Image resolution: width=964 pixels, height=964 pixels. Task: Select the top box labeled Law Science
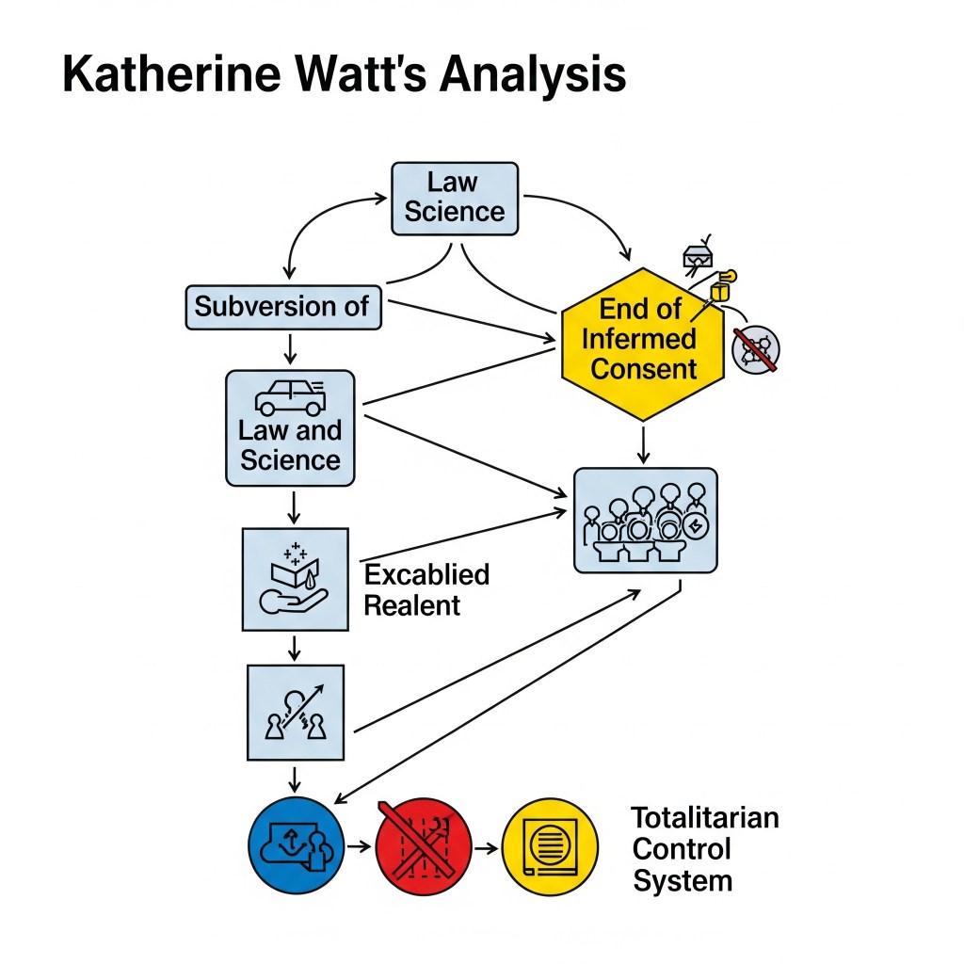coord(454,198)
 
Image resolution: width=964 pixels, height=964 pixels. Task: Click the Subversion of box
coord(283,307)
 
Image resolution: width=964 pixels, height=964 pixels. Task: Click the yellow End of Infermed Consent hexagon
coord(642,344)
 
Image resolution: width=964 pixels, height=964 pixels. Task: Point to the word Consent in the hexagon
coord(644,368)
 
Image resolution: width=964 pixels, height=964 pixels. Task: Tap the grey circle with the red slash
coord(755,351)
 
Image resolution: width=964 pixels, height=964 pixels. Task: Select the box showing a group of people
coord(645,520)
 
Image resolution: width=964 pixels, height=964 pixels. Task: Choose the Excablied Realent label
coord(426,589)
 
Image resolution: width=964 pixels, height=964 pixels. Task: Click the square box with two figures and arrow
coord(295,712)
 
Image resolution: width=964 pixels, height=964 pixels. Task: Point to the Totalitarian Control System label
coord(704,848)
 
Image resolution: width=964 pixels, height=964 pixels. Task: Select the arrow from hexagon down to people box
coord(643,443)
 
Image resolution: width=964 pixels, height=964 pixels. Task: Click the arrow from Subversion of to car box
coord(290,350)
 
